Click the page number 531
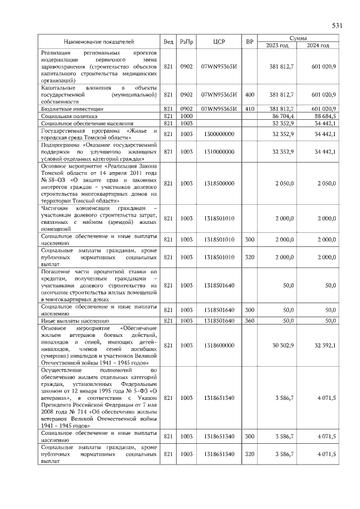pyautogui.click(x=337, y=25)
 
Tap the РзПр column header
pyautogui.click(x=186, y=42)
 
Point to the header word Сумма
pyautogui.click(x=298, y=38)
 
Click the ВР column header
pyautogui.click(x=250, y=42)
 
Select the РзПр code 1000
pyautogui.click(x=186, y=115)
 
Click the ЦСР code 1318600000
pyautogui.click(x=219, y=345)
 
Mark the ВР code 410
pyautogui.click(x=250, y=108)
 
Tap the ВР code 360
pyautogui.click(x=250, y=320)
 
